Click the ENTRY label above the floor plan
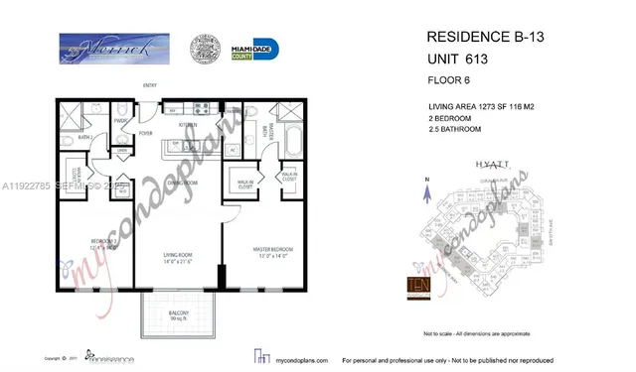point(149,85)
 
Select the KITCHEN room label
point(187,126)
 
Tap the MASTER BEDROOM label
point(256,257)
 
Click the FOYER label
point(145,132)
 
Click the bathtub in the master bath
point(293,135)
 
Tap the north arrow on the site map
point(424,184)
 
